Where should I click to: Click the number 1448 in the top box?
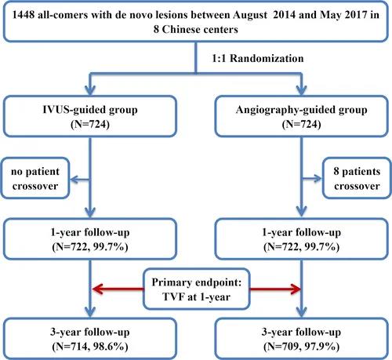[24, 15]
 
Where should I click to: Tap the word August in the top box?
[250, 15]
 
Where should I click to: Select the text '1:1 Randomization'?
[258, 58]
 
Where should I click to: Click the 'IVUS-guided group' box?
[90, 116]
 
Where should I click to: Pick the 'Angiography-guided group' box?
[302, 116]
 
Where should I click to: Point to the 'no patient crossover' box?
[35, 178]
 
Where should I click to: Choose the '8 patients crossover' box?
[357, 178]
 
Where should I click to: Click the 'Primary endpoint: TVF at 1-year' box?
[197, 289]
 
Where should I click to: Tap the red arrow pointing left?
[118, 289]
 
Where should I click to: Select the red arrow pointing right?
[275, 289]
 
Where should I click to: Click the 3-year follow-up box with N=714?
[90, 339]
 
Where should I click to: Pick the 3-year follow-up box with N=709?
[302, 339]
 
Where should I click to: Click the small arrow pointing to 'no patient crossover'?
[80, 180]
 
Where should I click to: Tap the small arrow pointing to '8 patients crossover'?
[312, 179]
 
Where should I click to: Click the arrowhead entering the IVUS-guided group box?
[90, 90]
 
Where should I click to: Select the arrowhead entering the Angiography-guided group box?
[302, 90]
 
